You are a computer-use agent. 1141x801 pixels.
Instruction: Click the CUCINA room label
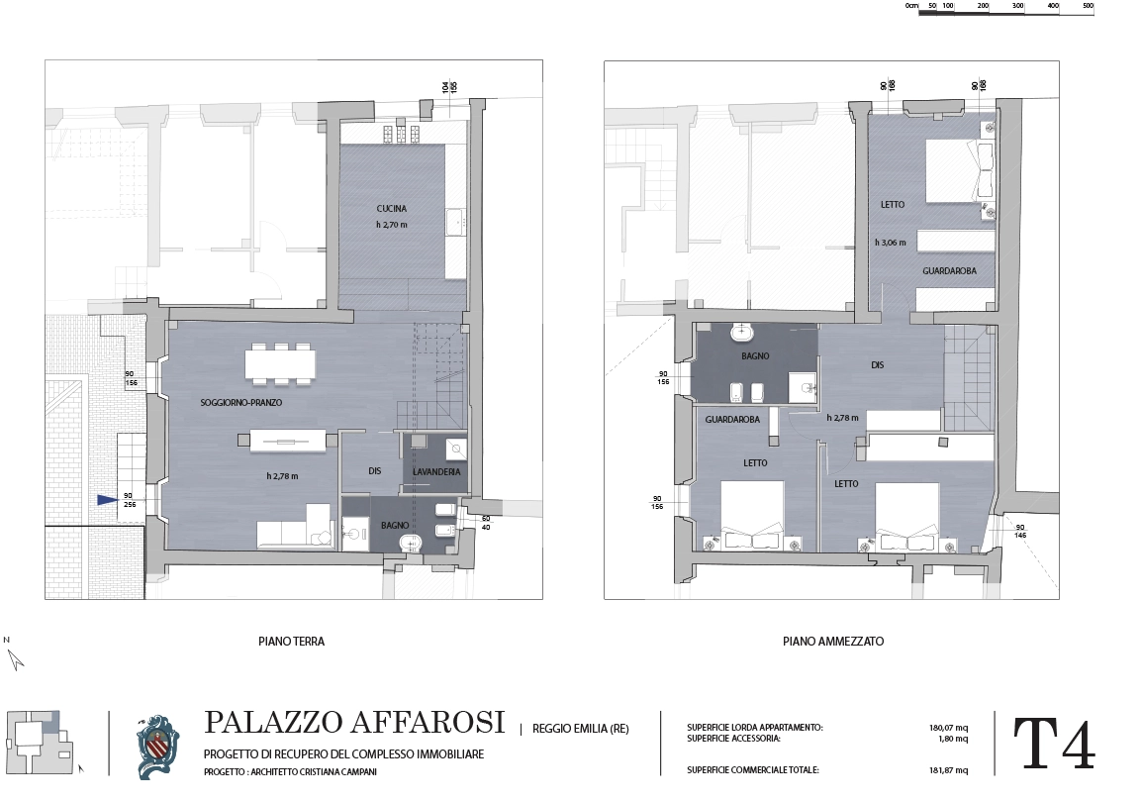(x=392, y=208)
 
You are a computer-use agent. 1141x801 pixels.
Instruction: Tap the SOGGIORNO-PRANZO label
(x=240, y=403)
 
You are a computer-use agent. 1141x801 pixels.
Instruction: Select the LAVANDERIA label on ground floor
(x=436, y=472)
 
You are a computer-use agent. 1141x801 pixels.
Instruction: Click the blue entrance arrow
(x=108, y=500)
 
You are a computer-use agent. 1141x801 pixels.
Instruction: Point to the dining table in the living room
(x=280, y=363)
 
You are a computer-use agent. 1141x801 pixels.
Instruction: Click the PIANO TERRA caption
(x=291, y=642)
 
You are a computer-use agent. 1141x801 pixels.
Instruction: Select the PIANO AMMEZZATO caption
(x=833, y=642)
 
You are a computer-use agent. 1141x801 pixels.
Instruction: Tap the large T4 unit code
(x=1054, y=745)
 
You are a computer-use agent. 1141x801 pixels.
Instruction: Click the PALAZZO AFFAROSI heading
(x=354, y=722)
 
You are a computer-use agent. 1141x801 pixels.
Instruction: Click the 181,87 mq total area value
(x=948, y=770)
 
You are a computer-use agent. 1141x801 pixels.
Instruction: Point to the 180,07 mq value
(x=948, y=728)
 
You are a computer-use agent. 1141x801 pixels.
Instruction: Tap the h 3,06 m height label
(x=890, y=243)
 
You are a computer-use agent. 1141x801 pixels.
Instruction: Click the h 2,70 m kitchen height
(x=392, y=225)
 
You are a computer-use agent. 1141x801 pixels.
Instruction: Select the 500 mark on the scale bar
(x=1088, y=6)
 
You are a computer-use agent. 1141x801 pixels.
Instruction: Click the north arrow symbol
(x=15, y=659)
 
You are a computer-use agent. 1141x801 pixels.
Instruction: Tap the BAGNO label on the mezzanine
(x=755, y=356)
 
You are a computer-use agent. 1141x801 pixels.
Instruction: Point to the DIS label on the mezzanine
(x=878, y=364)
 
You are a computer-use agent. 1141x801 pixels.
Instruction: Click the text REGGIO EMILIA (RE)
(x=581, y=728)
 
